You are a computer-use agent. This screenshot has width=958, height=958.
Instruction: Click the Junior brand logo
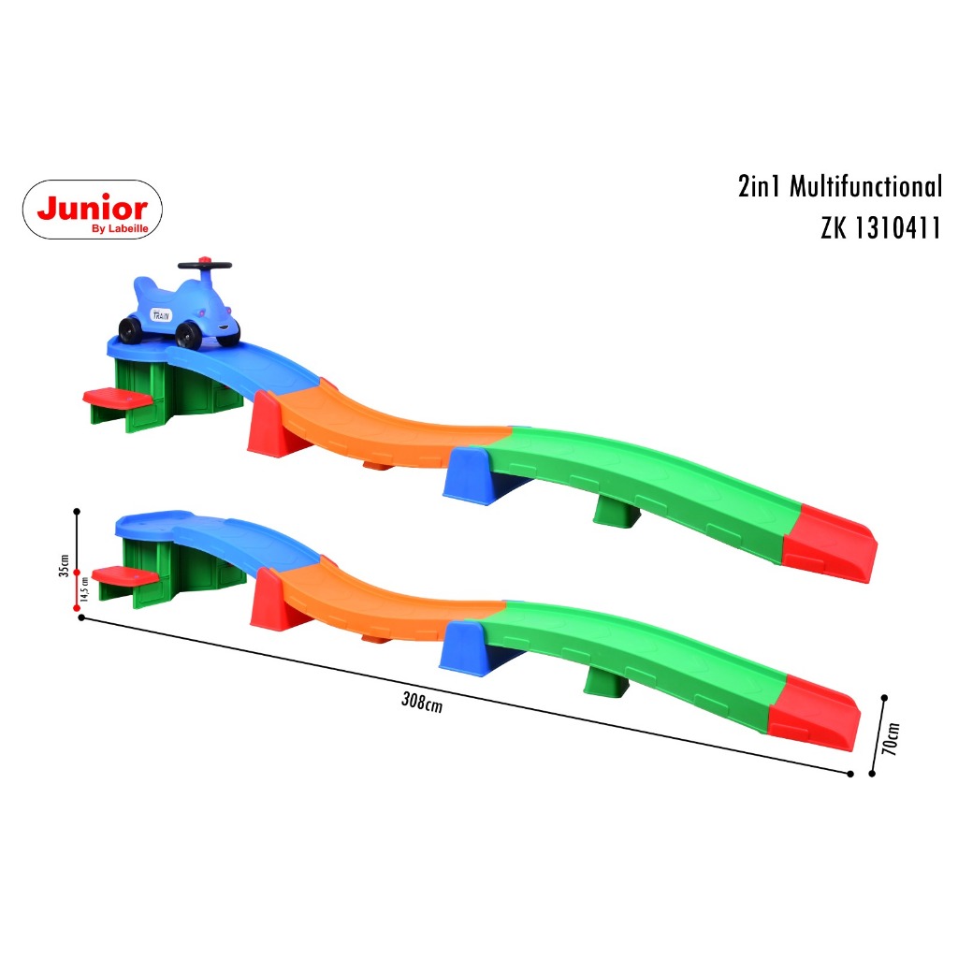click(93, 210)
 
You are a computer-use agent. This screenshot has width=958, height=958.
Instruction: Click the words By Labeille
click(120, 228)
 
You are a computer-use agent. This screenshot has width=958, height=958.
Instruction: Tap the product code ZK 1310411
click(879, 228)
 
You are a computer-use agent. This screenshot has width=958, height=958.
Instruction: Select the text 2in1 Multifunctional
click(840, 186)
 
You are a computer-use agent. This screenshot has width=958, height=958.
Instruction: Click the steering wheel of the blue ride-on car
click(205, 265)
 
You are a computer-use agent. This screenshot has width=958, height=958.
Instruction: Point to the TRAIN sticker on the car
click(161, 315)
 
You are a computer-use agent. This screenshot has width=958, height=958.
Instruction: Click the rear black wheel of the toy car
click(131, 330)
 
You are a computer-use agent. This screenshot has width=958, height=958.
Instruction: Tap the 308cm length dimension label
click(422, 702)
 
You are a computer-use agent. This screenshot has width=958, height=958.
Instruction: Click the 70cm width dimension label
click(893, 739)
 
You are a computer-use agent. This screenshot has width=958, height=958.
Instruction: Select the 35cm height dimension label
click(64, 566)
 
